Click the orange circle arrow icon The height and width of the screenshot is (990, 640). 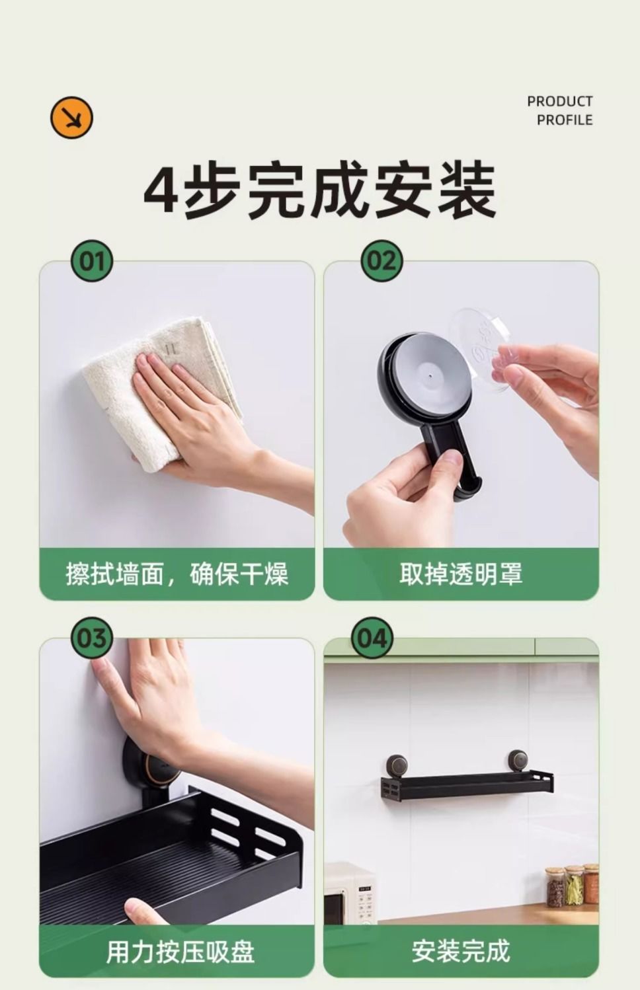[71, 118]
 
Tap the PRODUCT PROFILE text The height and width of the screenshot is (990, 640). [559, 110]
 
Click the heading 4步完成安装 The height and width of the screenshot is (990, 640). [319, 190]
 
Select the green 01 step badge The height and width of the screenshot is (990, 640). [91, 261]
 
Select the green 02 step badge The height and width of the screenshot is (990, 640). [381, 261]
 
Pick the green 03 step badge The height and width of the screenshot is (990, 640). [91, 638]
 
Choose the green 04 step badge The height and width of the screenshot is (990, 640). [372, 638]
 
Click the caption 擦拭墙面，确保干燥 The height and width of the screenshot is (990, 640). [177, 574]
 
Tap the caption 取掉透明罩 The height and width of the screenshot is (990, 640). [461, 574]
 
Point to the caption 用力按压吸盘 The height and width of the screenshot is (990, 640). [180, 952]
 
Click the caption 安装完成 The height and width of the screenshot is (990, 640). [461, 951]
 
